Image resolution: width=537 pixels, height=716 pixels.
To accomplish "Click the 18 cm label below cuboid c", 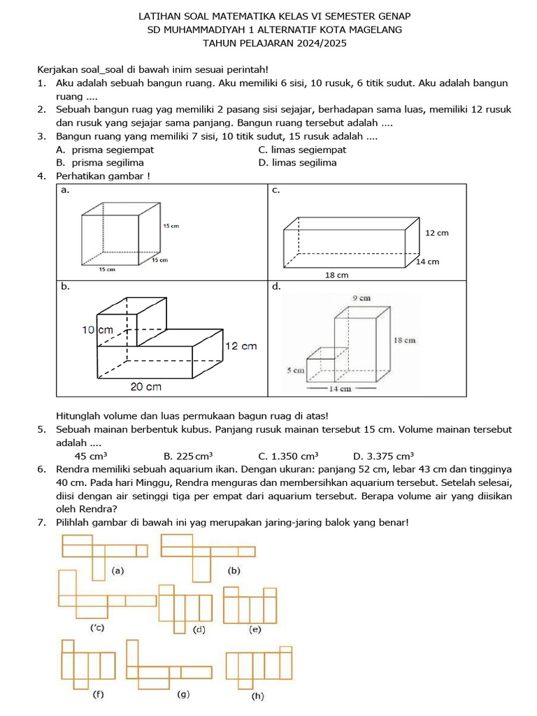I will tap(336, 275).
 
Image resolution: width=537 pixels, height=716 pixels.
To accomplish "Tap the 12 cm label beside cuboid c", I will tap(436, 233).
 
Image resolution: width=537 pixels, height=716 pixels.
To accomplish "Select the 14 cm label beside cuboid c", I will tap(427, 262).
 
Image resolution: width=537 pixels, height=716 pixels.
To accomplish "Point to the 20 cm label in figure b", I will tap(146, 387).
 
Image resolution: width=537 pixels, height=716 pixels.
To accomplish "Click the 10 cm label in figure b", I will tap(97, 329).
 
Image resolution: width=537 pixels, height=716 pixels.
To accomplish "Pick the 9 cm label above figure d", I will tap(361, 297).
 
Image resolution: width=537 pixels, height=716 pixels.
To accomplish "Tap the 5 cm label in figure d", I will tap(296, 370).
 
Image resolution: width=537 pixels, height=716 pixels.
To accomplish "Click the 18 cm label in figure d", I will tap(404, 340).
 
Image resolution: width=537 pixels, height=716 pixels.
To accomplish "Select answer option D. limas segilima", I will tap(297, 163).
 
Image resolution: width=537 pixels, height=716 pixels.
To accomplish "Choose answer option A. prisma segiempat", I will tap(105, 150).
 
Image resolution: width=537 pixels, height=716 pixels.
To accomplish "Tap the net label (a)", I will tap(117, 571).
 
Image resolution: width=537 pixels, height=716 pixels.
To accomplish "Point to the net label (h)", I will tap(258, 696).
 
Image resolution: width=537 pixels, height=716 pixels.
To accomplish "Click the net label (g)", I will tap(184, 694).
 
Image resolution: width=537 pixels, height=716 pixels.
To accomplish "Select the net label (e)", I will tap(255, 629).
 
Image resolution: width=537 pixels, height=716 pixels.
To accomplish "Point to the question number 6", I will tap(41, 468).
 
